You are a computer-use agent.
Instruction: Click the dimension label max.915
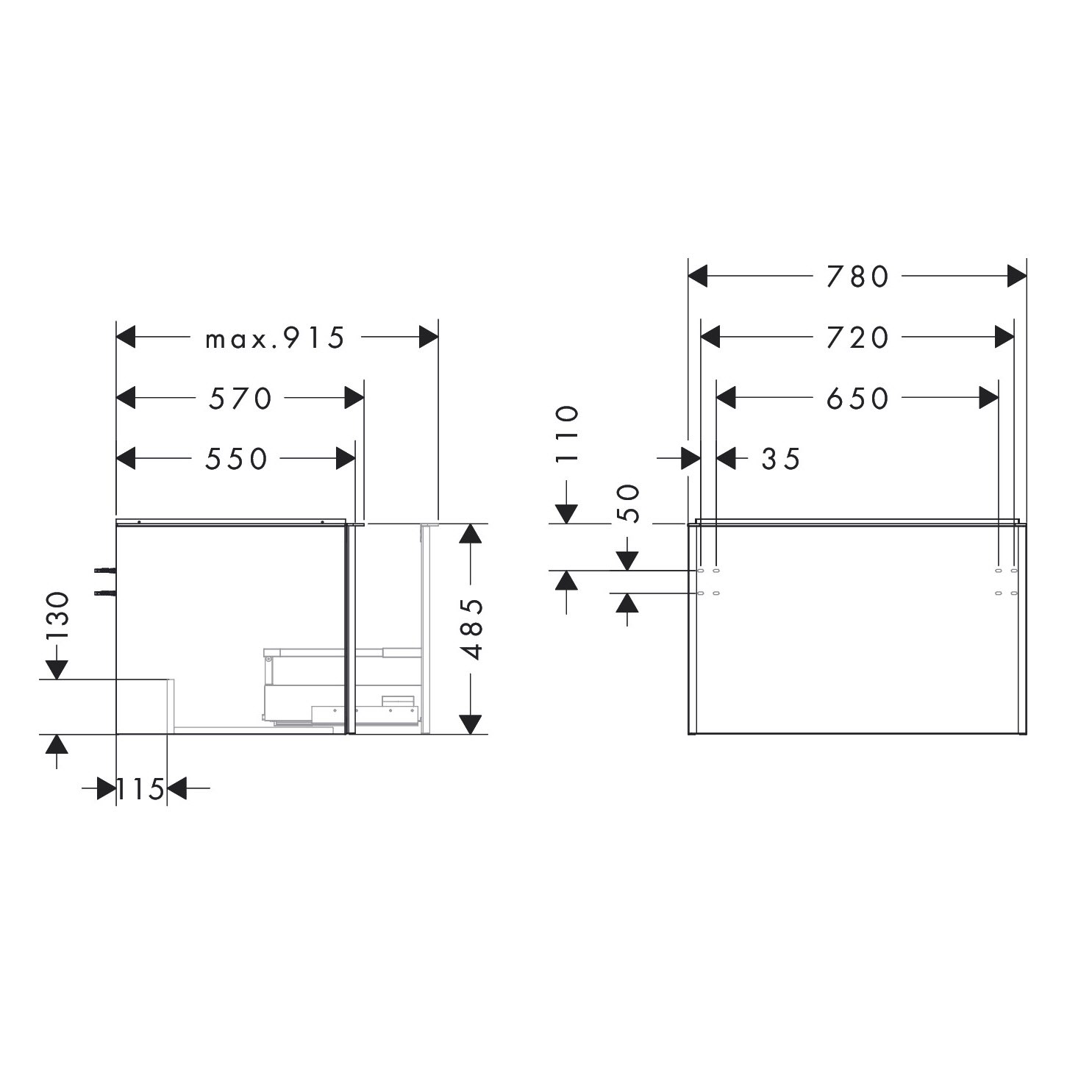coord(275,338)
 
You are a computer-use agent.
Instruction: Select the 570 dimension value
coord(240,399)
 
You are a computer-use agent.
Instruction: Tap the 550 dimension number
coord(237,459)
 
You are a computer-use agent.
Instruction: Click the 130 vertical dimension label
coord(57,615)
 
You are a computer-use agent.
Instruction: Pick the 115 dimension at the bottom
coord(140,789)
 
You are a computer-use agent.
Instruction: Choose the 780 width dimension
coord(857,276)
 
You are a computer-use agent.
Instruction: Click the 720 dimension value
coord(857,338)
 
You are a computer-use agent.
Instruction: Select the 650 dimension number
coord(857,399)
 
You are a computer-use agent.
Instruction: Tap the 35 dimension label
coord(781,459)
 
